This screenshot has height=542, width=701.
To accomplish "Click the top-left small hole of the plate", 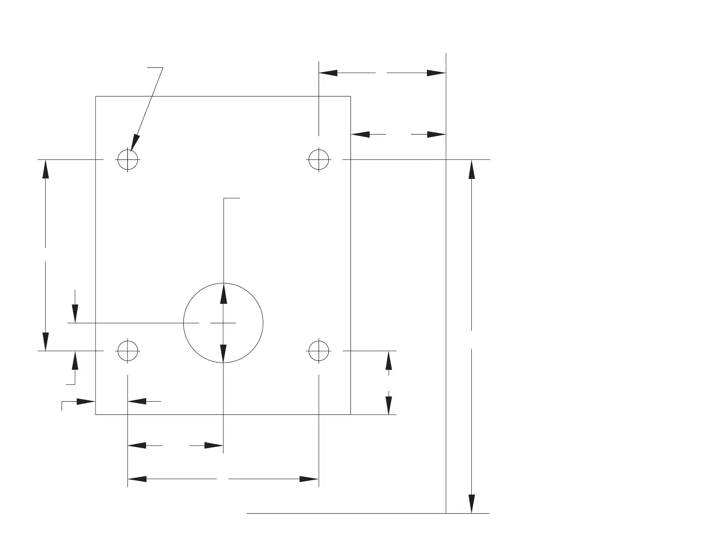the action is click(128, 159).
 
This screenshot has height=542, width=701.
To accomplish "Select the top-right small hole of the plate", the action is click(319, 159).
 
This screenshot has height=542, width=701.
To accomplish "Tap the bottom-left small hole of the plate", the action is click(128, 351).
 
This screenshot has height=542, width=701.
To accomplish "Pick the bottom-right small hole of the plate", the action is click(319, 351).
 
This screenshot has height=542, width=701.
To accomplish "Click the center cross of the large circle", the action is click(223, 323).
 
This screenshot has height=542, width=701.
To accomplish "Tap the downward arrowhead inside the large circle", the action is click(223, 353).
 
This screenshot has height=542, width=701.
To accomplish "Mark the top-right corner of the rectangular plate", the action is click(350, 96).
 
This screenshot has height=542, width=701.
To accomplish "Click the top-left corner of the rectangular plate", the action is click(96, 96).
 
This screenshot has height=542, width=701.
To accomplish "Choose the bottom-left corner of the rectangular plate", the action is click(96, 414).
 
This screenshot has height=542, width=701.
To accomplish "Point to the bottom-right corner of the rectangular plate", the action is click(350, 414).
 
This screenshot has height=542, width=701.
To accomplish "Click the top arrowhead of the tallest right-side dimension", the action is click(472, 169).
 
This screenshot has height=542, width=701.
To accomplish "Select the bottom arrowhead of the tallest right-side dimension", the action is click(472, 503).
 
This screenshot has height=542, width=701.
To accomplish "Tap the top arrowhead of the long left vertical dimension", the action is click(46, 169).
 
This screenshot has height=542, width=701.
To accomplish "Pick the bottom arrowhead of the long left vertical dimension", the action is click(46, 341).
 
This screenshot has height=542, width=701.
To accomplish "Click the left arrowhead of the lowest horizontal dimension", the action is click(137, 479).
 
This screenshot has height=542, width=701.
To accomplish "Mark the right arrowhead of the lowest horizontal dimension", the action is click(309, 479).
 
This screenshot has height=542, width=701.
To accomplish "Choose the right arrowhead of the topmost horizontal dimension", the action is click(436, 73).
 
